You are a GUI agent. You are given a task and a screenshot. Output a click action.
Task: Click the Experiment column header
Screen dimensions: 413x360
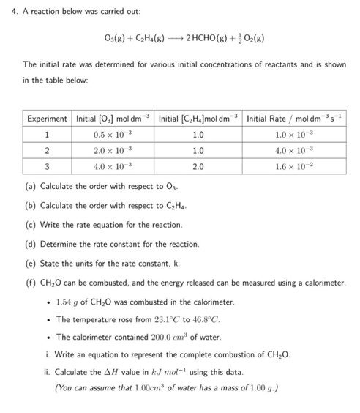48,119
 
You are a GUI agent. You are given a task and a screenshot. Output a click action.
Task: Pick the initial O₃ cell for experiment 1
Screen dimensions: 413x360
112,135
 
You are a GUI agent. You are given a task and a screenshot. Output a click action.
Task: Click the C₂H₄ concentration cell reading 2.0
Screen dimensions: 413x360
198,166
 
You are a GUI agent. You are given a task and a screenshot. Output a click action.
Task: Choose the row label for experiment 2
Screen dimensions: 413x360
47,150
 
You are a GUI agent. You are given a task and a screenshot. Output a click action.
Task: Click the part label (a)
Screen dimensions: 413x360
30,186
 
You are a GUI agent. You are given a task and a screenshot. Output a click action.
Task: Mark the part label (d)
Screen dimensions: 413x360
30,243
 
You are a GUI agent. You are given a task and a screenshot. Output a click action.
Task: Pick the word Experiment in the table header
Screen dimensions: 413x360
48,119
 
